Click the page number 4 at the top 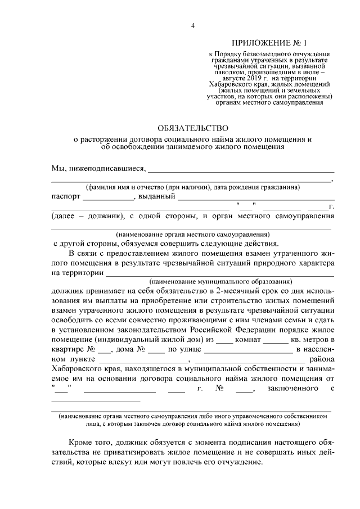pyautogui.click(x=192, y=26)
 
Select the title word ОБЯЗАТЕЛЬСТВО pyautogui.click(x=192, y=128)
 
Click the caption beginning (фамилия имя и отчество pyautogui.click(x=192, y=187)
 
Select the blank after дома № pyautogui.click(x=156, y=351)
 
